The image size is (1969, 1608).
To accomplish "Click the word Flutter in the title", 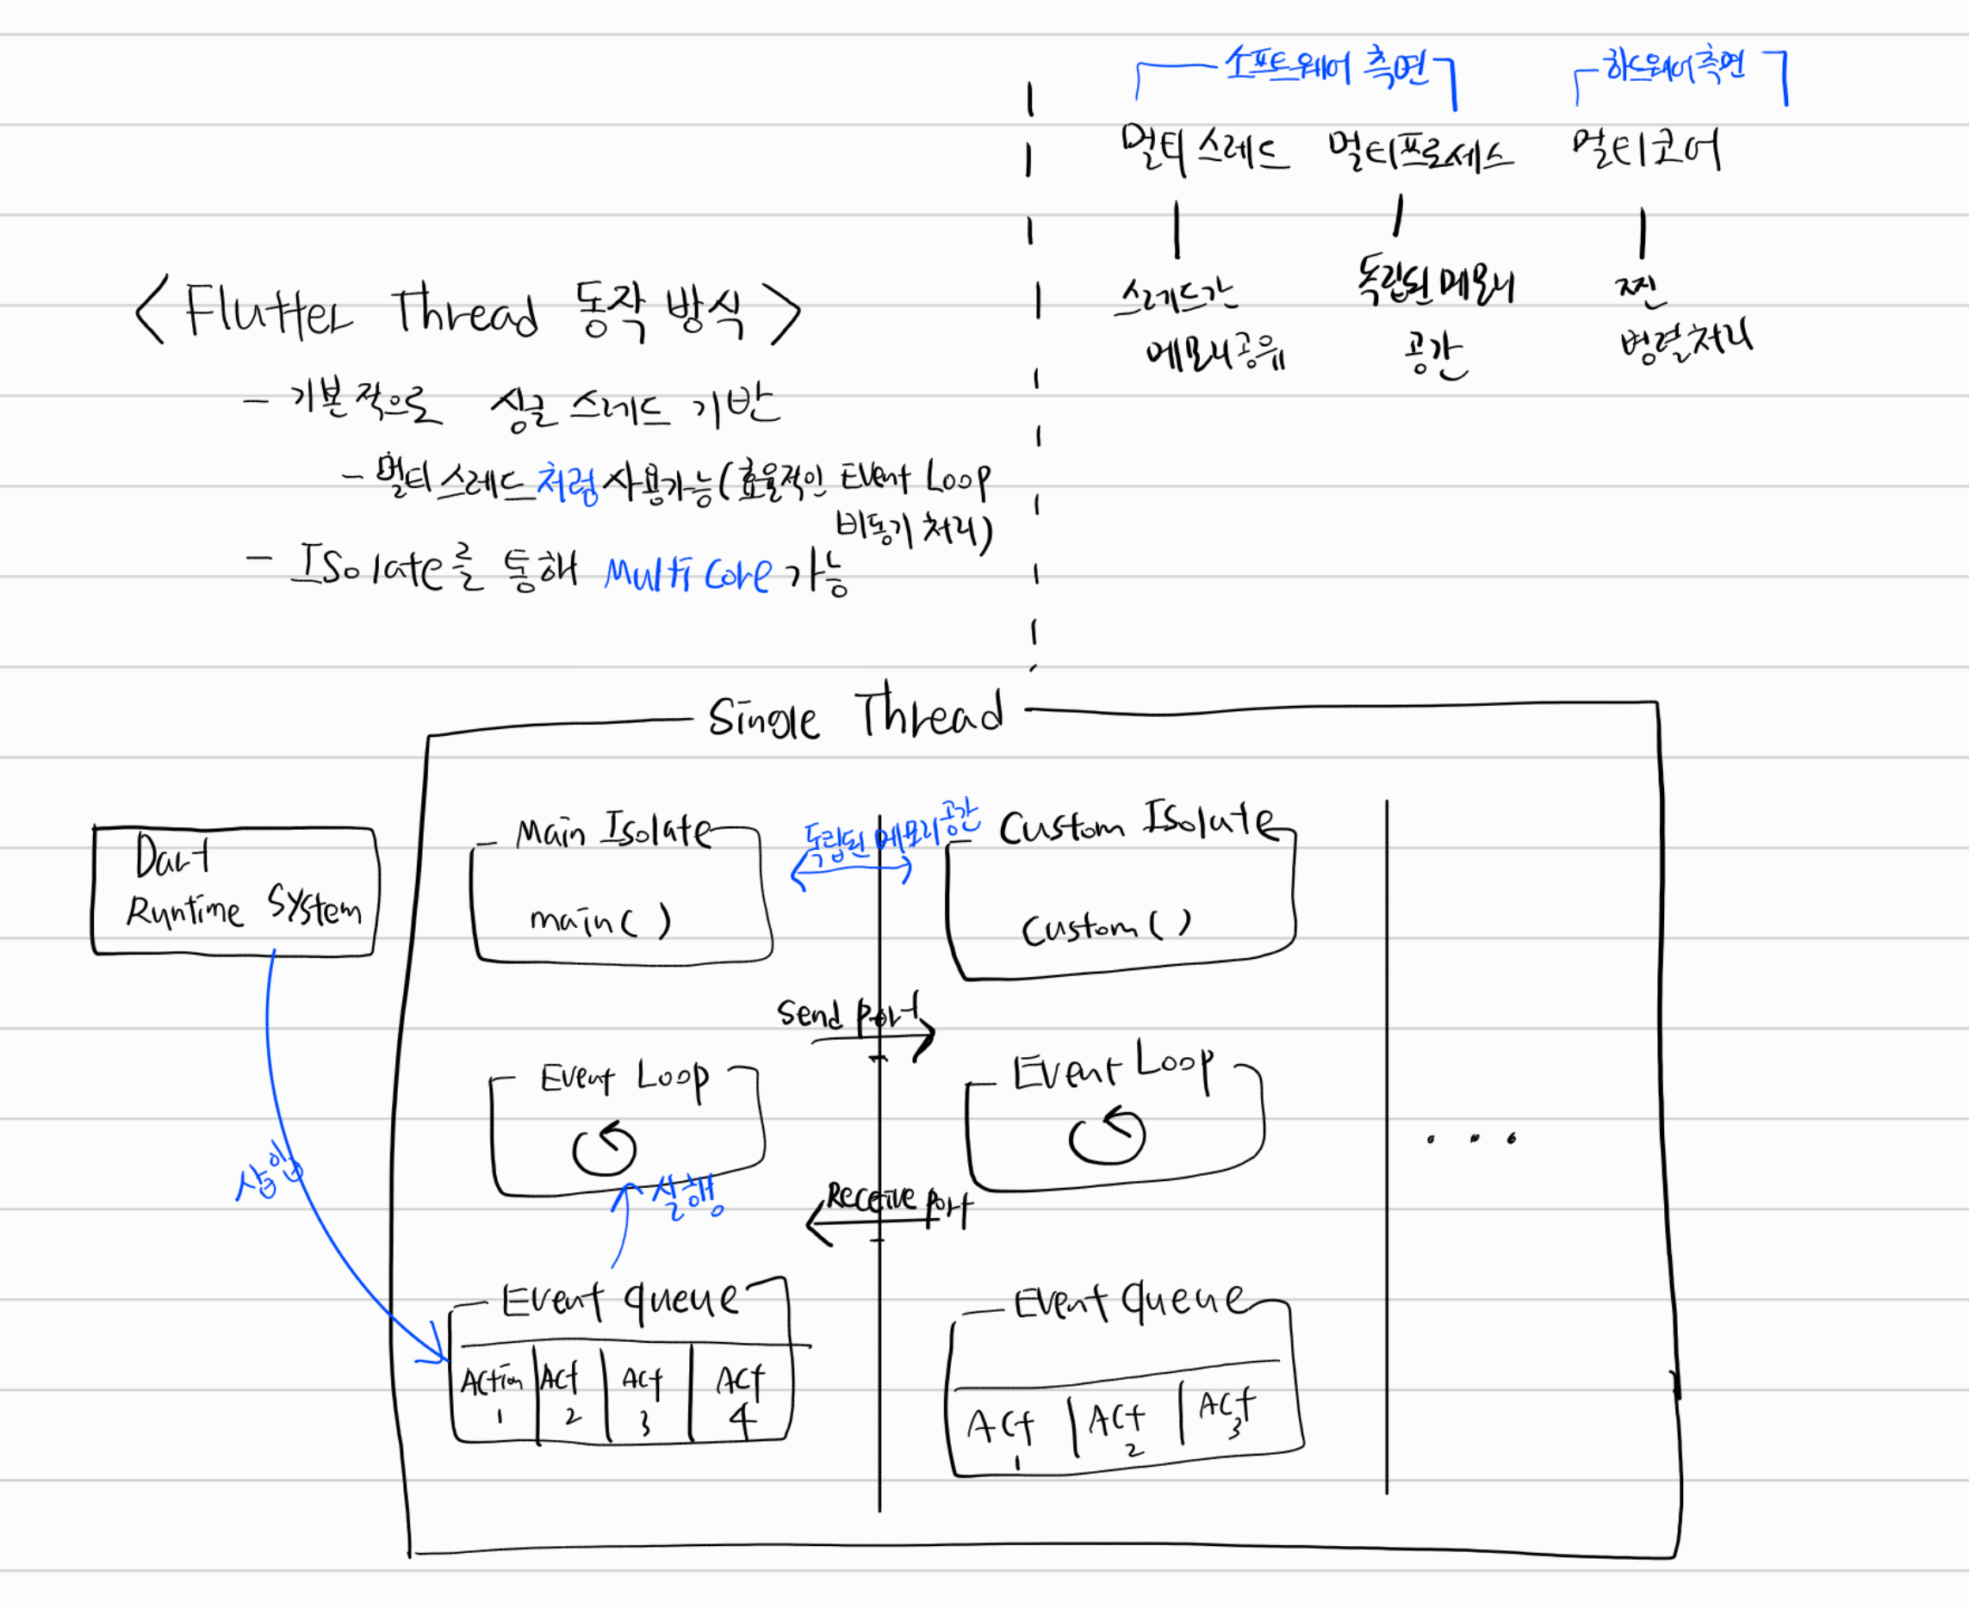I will click(269, 310).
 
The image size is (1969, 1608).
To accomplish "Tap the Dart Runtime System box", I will click(235, 890).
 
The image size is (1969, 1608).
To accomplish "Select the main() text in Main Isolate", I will click(599, 921).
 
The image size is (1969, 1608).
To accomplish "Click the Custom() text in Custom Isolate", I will click(1105, 927).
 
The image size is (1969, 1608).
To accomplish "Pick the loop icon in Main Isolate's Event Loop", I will click(604, 1149).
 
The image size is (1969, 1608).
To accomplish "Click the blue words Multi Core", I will click(687, 575).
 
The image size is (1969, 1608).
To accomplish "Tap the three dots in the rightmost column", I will click(1471, 1138).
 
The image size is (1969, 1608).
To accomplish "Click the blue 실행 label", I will click(686, 1197).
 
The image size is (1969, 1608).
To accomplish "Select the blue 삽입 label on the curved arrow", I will click(268, 1171).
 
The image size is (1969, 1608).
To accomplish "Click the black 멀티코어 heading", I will click(1646, 148).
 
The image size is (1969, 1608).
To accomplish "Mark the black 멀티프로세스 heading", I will click(1419, 151).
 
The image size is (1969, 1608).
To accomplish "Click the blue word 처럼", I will click(568, 483).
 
